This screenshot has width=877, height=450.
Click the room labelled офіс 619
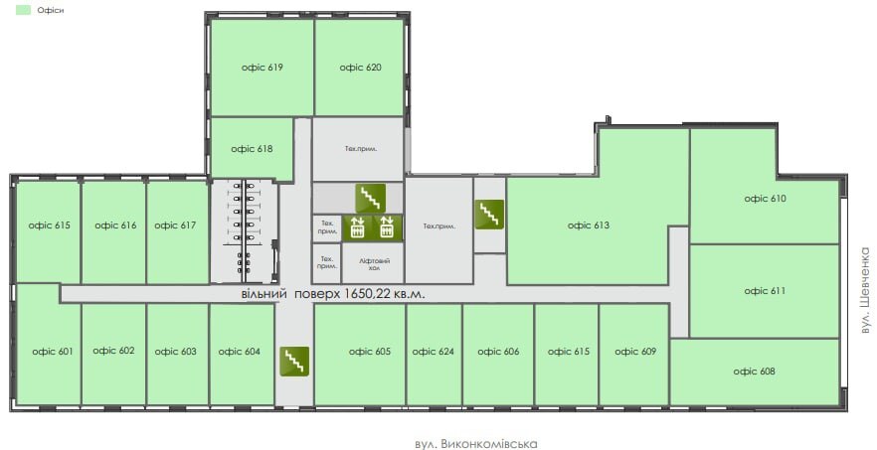coord(263,68)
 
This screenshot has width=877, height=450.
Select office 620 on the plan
coord(360,68)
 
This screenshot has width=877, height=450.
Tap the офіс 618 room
coord(252,149)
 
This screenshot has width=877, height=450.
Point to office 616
coord(115,225)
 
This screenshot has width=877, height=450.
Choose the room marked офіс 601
coord(52,351)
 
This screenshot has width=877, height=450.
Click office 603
coord(175,351)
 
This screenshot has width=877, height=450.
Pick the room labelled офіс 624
coord(433,352)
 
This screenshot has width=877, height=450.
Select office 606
coord(498,352)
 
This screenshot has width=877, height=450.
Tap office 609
coord(634,352)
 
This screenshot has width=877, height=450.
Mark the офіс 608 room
coord(754,372)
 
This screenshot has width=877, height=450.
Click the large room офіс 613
coord(588,225)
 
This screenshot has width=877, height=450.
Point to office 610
coord(765,199)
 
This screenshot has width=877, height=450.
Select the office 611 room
coord(765,291)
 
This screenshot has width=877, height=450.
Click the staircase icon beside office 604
coord(293,362)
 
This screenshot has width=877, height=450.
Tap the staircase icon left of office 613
coord(489,214)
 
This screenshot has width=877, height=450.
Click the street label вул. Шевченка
coord(865,287)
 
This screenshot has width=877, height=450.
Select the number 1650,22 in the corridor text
coord(369,294)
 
